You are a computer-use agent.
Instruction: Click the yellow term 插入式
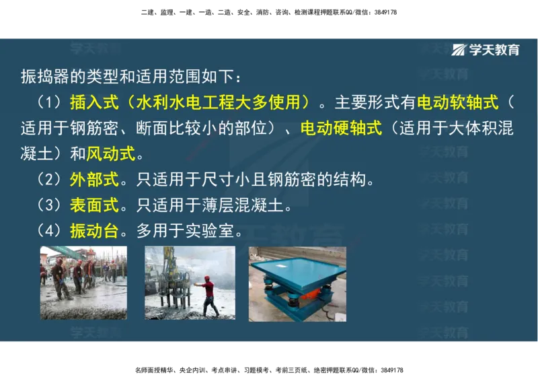click(94, 103)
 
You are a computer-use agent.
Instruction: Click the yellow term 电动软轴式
click(458, 103)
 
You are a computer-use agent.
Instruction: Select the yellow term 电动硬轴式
click(341, 128)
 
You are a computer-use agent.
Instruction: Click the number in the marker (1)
click(49, 103)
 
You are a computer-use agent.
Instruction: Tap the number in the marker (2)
click(49, 180)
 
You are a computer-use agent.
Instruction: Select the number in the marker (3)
click(49, 205)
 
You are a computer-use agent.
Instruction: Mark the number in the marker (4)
click(49, 231)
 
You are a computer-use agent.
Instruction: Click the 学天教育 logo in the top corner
click(486, 50)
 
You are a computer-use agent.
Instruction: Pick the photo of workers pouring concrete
click(83, 283)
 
